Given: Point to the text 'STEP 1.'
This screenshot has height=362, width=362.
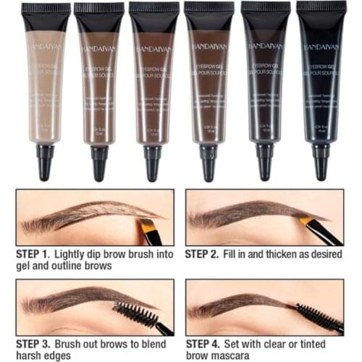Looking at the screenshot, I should coord(33,255).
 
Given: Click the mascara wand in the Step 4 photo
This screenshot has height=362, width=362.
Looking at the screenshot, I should coord(319,316).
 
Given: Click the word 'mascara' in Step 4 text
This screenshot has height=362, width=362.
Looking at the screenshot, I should coord(232,356).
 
